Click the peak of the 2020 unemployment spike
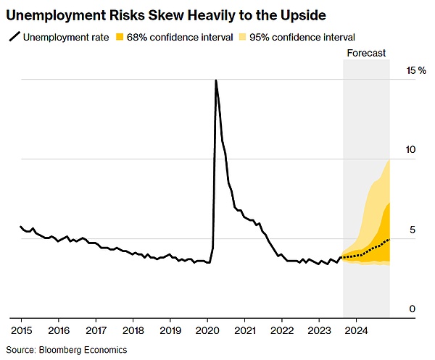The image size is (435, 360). [216, 80]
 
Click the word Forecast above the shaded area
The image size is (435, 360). [366, 53]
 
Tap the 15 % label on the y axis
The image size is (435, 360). [416, 70]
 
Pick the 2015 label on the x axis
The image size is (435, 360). [21, 329]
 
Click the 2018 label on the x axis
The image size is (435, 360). [133, 329]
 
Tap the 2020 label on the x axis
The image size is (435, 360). [207, 329]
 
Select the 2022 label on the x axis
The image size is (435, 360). [282, 329]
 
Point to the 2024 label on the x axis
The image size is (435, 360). [357, 329]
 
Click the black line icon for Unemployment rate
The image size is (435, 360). [14, 36]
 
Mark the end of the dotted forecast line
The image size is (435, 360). [390, 239]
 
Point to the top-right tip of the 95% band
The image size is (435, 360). [390, 160]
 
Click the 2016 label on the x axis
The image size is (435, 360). [58, 329]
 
